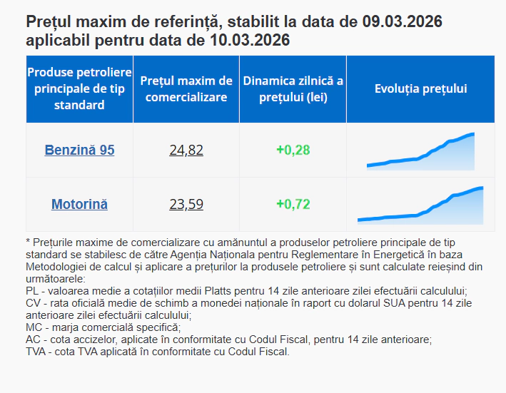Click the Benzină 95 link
pyautogui.click(x=79, y=150)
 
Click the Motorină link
pyautogui.click(x=79, y=204)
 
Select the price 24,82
pyautogui.click(x=186, y=150)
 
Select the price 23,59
pyautogui.click(x=186, y=204)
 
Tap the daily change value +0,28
pyautogui.click(x=293, y=150)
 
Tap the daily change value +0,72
pyautogui.click(x=293, y=204)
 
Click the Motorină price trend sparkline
pyautogui.click(x=420, y=205)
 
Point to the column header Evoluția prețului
pyautogui.click(x=420, y=88)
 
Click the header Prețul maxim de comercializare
pyautogui.click(x=186, y=88)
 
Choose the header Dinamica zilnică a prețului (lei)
pyautogui.click(x=293, y=88)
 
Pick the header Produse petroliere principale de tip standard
pyautogui.click(x=79, y=88)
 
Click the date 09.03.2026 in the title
pyautogui.click(x=402, y=22)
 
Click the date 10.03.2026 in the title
pyautogui.click(x=250, y=41)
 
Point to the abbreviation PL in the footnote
pyautogui.click(x=32, y=291)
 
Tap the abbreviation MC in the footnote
pyautogui.click(x=34, y=327)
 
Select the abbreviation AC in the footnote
pyautogui.click(x=33, y=340)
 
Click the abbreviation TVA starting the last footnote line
pyautogui.click(x=36, y=352)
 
